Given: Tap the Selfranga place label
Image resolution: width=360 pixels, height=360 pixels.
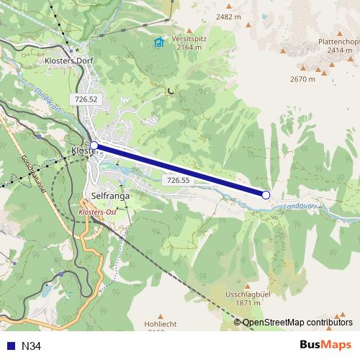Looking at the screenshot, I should (110, 195).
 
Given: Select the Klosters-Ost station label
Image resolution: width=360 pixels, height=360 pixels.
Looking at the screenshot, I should (97, 215).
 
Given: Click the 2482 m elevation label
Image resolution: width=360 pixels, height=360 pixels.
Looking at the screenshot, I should (228, 16).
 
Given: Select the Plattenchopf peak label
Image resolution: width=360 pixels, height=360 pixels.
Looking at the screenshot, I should (338, 41).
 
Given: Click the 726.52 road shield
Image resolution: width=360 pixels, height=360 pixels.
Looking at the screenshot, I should (85, 98).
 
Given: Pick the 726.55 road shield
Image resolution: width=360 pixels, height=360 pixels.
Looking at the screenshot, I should (177, 179).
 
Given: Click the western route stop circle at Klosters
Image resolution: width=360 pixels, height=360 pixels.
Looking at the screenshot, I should (94, 145).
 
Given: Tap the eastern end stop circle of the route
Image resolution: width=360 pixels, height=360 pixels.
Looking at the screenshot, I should (266, 194).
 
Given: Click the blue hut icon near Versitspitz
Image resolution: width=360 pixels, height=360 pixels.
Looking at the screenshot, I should (158, 42).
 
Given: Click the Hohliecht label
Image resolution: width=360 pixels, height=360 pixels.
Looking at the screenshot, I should (161, 323).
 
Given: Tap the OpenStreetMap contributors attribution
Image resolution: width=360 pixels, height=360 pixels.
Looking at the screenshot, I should (297, 323).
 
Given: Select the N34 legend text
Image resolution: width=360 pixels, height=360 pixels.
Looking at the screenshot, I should (32, 346).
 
